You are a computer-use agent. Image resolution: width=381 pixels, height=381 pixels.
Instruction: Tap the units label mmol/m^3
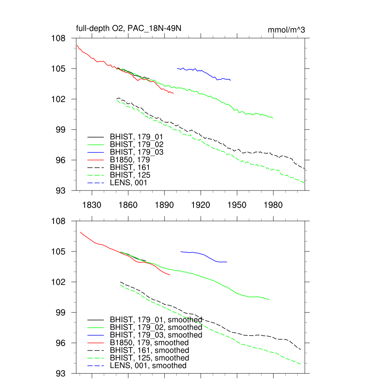click(286, 30)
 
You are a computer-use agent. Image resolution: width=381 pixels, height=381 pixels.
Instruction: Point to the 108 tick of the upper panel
click(58, 38)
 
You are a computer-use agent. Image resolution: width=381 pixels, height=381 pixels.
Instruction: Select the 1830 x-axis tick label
click(92, 205)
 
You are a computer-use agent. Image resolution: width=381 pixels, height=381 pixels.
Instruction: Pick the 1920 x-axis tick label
click(201, 205)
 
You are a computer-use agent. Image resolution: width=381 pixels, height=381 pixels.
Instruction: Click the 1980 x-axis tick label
click(273, 205)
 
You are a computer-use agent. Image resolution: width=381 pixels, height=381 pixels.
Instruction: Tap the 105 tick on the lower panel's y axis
click(58, 252)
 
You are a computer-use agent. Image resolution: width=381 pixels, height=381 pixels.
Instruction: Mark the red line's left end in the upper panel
click(77, 45)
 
